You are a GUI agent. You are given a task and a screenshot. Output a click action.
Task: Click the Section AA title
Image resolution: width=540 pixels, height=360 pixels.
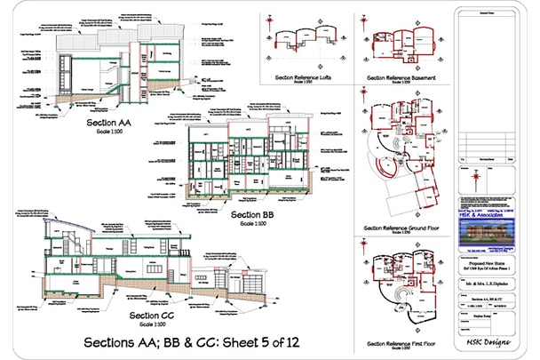[x=108, y=120]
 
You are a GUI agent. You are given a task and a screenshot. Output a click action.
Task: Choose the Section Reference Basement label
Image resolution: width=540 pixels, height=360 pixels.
[x=405, y=77]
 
